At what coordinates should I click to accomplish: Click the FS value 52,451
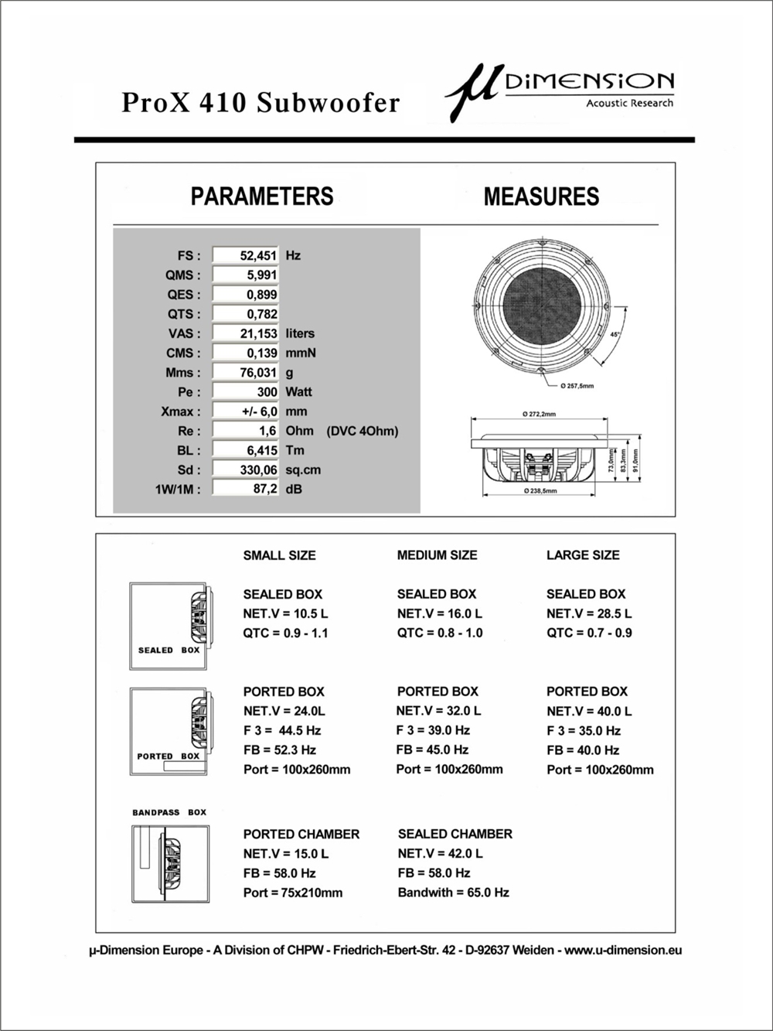245,255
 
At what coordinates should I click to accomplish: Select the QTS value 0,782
245,314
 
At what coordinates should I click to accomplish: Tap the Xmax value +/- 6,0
245,411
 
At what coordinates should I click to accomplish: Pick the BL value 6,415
245,450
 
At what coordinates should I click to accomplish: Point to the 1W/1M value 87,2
245,489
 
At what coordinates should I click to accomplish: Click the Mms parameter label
182,373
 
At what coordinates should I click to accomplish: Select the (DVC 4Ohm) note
363,431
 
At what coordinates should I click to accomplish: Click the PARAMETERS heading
262,196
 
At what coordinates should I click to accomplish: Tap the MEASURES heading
541,196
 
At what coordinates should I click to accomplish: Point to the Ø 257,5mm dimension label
577,385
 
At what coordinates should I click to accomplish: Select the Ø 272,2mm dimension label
540,415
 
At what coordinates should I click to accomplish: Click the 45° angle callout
615,335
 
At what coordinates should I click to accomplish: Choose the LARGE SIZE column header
583,555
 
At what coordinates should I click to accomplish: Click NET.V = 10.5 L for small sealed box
285,613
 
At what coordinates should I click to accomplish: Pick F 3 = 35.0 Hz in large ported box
584,730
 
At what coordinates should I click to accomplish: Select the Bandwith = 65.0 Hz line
453,893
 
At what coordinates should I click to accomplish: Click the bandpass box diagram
170,864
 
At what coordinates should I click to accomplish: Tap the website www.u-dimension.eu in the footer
623,950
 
